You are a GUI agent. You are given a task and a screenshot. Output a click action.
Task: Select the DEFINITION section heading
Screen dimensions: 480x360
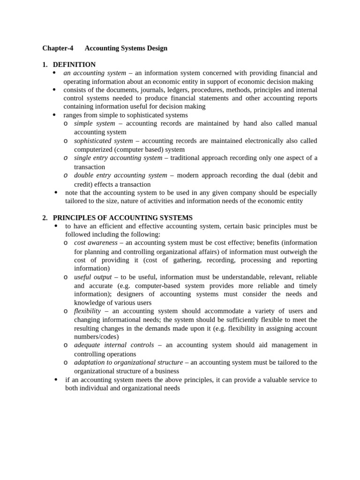tap(74, 65)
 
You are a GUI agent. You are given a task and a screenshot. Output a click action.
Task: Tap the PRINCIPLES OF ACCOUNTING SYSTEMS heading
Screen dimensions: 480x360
tap(122, 217)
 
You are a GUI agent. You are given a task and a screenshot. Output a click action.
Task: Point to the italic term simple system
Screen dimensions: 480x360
tap(94, 123)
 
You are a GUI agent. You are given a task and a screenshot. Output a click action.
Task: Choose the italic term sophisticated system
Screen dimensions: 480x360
tap(103, 141)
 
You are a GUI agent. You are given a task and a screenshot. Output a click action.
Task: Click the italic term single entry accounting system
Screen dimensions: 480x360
tap(118, 158)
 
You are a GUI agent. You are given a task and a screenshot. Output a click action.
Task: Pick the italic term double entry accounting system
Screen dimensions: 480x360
tap(120, 175)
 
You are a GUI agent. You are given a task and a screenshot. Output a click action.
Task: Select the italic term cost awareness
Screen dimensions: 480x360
tap(96, 243)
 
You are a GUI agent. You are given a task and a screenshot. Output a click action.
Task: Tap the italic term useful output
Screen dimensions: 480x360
tap(93, 277)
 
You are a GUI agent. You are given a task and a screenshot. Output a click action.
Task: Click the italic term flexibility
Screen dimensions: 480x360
tap(87, 311)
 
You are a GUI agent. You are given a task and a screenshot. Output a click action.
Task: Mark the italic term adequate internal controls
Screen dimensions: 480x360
tap(114, 345)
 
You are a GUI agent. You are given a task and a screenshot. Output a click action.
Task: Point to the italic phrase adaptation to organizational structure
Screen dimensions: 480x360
tap(128, 362)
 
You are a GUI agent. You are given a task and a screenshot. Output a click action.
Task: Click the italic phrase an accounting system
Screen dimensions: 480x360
tap(95, 73)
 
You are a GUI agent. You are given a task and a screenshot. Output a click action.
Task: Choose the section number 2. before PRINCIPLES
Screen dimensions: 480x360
tap(45, 217)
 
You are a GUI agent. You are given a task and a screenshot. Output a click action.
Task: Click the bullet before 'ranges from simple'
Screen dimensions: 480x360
tap(54, 115)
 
